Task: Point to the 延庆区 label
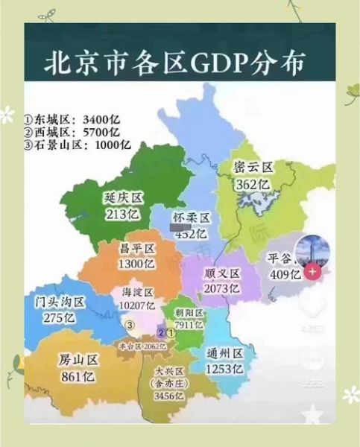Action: [x=123, y=198]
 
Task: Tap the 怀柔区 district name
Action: [x=192, y=217]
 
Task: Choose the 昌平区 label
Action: [x=136, y=247]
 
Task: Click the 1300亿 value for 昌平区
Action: [x=136, y=263]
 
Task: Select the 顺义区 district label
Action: [x=222, y=272]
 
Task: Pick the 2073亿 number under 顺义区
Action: [x=222, y=288]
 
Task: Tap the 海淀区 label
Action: [x=138, y=291]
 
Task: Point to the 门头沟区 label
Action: [x=60, y=302]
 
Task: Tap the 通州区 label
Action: [x=224, y=353]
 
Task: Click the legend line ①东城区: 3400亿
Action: [x=72, y=118]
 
